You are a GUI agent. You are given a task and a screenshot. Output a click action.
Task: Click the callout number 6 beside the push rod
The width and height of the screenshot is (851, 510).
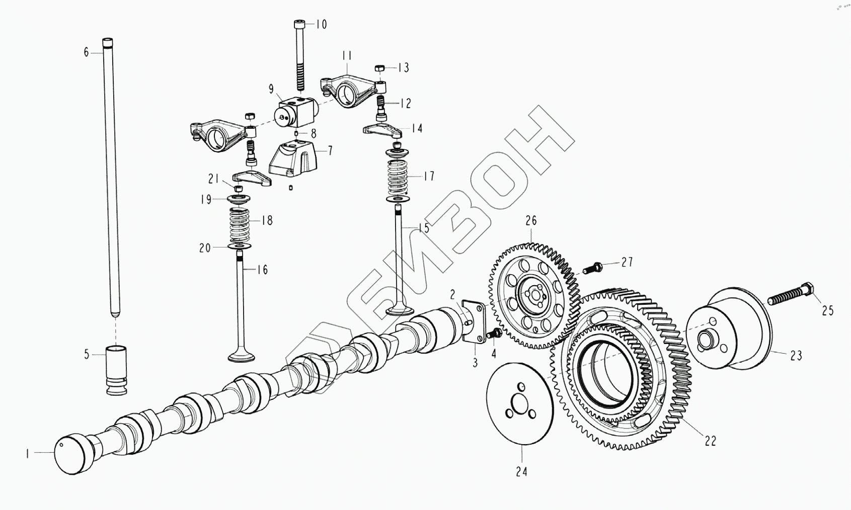tap(86, 52)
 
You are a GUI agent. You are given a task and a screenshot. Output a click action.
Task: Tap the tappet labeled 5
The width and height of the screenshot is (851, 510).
tap(116, 370)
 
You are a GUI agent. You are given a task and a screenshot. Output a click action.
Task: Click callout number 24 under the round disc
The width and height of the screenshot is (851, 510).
tap(521, 472)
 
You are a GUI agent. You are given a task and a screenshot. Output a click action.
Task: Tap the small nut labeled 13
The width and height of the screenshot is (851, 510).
tap(381, 68)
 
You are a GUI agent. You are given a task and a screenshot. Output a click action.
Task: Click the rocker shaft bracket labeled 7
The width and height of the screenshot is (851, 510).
tap(294, 159)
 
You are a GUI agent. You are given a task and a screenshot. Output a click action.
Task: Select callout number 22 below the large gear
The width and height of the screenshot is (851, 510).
tap(710, 441)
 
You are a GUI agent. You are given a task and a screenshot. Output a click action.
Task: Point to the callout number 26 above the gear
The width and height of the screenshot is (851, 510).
tap(531, 220)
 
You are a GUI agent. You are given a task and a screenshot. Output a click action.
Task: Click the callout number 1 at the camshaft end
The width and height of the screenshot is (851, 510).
tap(28, 454)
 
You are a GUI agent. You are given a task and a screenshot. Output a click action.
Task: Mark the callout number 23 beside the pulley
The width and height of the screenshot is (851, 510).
tap(795, 356)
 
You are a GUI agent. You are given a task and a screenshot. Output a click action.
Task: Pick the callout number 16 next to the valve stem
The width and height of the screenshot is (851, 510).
tap(262, 270)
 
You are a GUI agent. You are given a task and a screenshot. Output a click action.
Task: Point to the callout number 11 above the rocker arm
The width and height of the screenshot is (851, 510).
tap(347, 55)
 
